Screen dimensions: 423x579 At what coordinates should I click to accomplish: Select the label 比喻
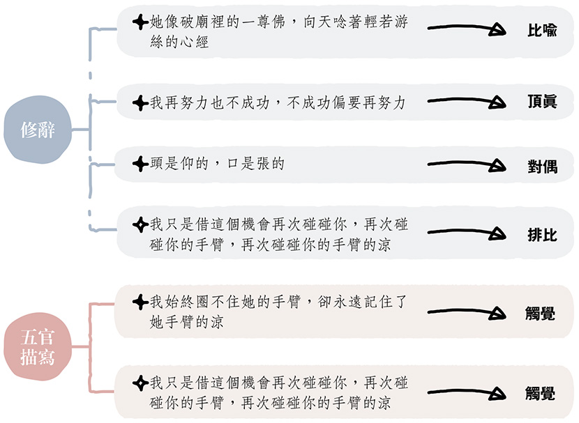pyautogui.click(x=541, y=31)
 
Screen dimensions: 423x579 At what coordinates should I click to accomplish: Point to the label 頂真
pyautogui.click(x=541, y=102)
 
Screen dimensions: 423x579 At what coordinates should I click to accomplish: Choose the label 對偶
pyautogui.click(x=541, y=166)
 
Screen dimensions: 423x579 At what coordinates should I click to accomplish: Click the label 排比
pyautogui.click(x=541, y=234)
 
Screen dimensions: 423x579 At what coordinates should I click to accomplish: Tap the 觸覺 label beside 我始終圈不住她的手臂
pyautogui.click(x=540, y=314)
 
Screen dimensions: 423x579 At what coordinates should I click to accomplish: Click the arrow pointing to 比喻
pyautogui.click(x=465, y=29)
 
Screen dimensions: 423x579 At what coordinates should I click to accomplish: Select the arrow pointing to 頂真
pyautogui.click(x=465, y=102)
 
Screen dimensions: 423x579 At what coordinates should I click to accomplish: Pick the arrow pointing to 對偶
pyautogui.click(x=465, y=165)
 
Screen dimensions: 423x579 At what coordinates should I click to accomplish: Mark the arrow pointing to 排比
pyautogui.click(x=465, y=234)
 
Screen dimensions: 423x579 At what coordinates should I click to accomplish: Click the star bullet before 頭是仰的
pyautogui.click(x=141, y=164)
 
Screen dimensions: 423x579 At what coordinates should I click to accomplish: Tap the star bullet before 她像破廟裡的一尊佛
pyautogui.click(x=141, y=22)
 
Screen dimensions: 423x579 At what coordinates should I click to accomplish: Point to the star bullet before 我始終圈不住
pyautogui.click(x=141, y=302)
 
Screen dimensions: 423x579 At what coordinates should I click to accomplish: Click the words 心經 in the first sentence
pyautogui.click(x=195, y=42)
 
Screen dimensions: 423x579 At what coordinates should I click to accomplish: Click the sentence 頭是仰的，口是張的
pyautogui.click(x=217, y=164)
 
